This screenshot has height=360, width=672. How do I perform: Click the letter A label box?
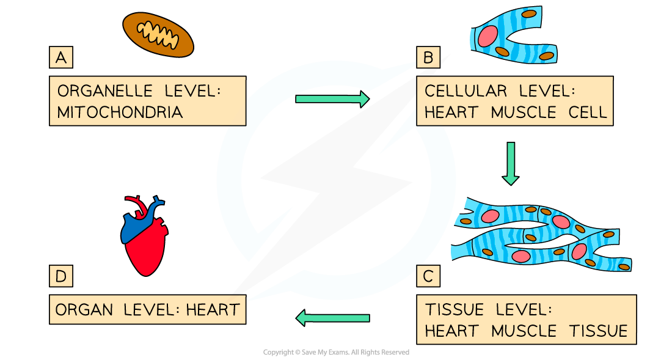tap(60, 58)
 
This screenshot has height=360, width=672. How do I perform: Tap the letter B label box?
tap(428, 58)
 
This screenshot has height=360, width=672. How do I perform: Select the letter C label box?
tap(428, 276)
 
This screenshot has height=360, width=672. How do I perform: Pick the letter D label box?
tap(60, 276)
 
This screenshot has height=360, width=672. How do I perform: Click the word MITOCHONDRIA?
tap(120, 112)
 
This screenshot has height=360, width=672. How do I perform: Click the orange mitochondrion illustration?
tap(158, 35)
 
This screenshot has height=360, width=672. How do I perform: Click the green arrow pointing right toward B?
tap(332, 98)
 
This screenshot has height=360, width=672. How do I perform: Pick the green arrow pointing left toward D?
tap(333, 318)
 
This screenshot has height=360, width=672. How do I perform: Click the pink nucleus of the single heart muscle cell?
tap(488, 36)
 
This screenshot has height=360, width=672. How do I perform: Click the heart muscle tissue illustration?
tap(541, 235)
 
